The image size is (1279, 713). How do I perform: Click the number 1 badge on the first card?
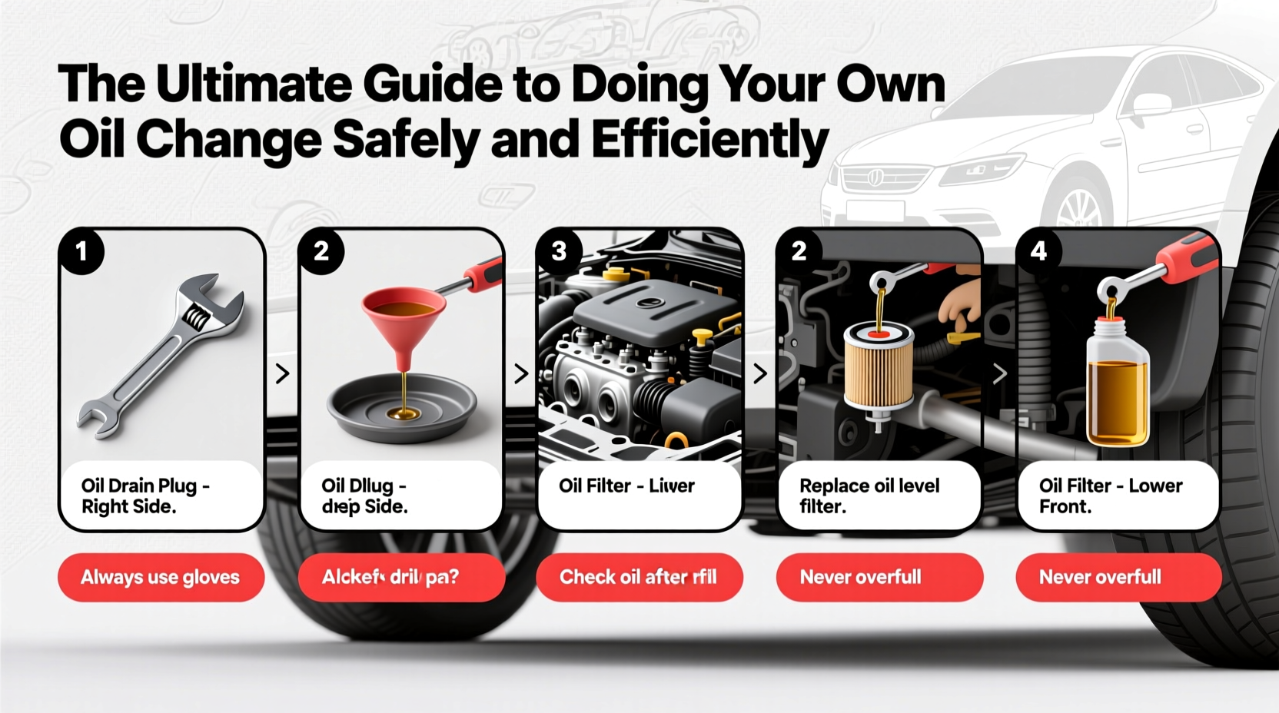click(81, 251)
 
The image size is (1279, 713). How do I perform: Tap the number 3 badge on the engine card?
click(560, 251)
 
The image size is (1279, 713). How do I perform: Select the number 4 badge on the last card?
click(1038, 251)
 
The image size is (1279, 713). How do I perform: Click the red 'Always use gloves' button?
click(161, 577)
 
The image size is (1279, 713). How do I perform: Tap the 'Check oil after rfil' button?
click(639, 577)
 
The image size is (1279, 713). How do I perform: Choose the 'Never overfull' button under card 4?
click(1118, 577)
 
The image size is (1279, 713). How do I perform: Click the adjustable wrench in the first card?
click(161, 357)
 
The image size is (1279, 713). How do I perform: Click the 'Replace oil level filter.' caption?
click(869, 496)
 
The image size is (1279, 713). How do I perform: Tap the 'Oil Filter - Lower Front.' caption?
click(1110, 496)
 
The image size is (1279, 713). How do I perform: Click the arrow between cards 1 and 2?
click(282, 374)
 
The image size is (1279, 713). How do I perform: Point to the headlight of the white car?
click(982, 168)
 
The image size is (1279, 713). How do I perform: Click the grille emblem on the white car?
click(875, 178)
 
